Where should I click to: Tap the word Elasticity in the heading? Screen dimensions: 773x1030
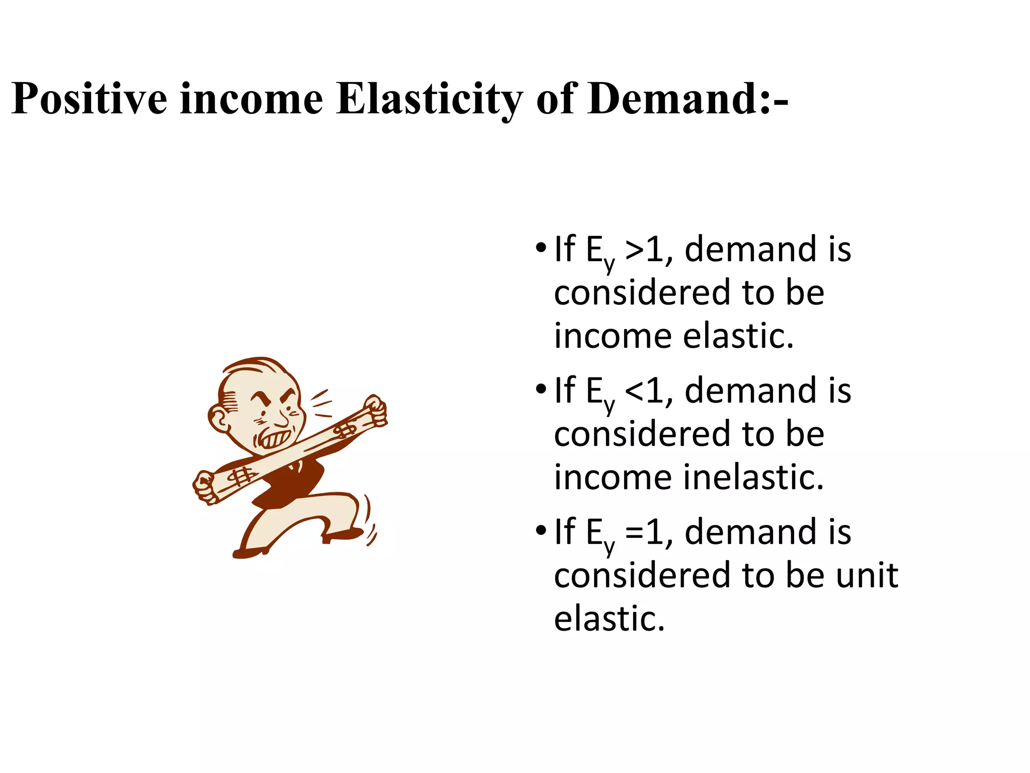point(430,99)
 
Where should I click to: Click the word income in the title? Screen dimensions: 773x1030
point(251,99)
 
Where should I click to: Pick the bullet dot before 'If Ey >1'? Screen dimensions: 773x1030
point(541,248)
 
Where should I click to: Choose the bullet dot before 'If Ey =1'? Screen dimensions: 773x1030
point(541,530)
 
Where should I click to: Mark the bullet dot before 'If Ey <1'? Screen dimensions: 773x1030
point(541,389)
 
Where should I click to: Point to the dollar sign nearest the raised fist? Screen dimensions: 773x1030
point(346,431)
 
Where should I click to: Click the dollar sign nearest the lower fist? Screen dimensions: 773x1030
point(242,476)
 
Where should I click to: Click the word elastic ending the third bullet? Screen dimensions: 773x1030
point(609,619)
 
